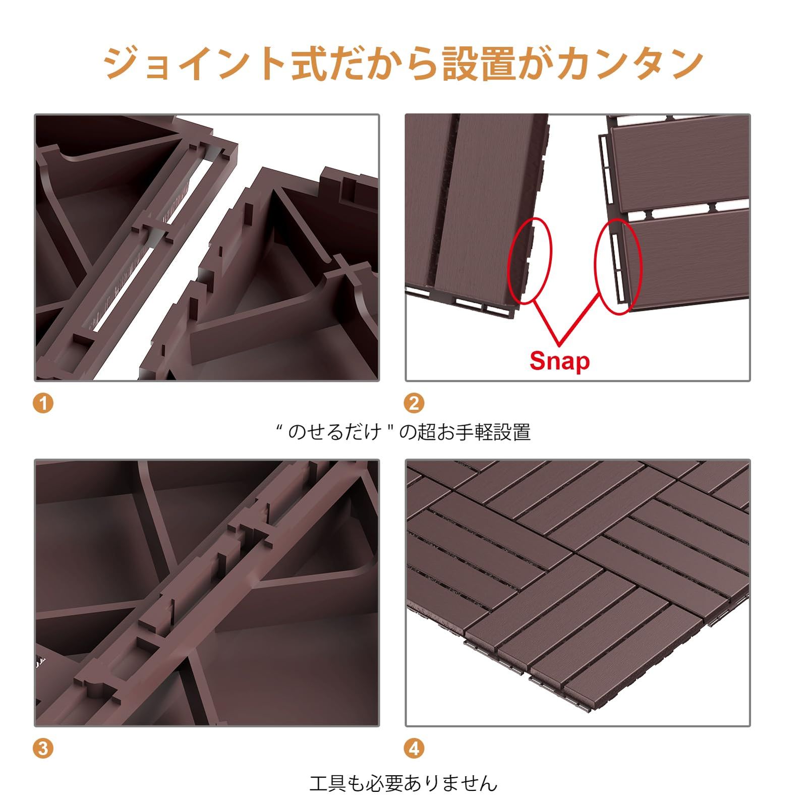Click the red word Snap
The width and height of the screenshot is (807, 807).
pyautogui.click(x=559, y=361)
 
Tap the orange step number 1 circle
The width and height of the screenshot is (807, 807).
pyautogui.click(x=43, y=403)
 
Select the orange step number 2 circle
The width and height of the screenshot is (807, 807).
pyautogui.click(x=414, y=403)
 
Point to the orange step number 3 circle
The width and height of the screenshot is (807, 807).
pyautogui.click(x=43, y=748)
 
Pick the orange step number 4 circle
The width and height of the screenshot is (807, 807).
pyautogui.click(x=414, y=748)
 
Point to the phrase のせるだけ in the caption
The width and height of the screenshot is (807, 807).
pyautogui.click(x=334, y=433)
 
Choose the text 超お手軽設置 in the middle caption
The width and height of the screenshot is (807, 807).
pyautogui.click(x=474, y=433)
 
